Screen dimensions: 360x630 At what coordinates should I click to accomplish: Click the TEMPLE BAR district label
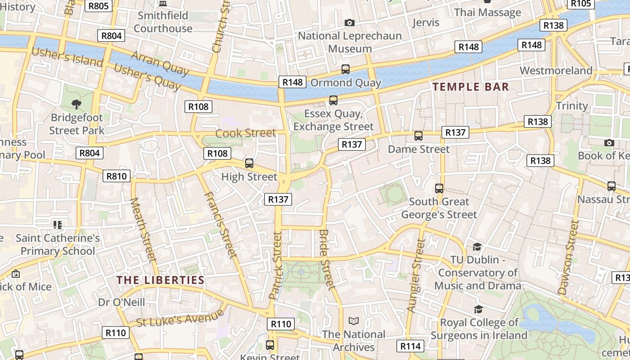point(470,87)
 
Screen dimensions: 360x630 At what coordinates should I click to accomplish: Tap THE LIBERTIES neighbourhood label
point(161,280)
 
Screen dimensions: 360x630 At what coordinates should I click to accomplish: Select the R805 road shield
point(99,5)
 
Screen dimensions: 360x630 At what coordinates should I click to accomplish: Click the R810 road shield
point(117,176)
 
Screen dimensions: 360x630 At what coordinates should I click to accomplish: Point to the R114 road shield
point(410,346)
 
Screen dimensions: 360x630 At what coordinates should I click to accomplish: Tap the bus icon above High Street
point(249,163)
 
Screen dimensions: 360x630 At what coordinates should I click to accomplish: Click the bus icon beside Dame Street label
point(418,135)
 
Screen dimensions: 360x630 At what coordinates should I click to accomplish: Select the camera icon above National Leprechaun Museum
point(349,22)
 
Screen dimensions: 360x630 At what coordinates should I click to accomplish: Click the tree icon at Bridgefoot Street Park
point(76,104)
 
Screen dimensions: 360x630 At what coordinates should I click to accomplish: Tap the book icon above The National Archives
point(354,321)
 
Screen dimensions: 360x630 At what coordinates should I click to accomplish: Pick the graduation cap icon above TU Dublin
point(477,247)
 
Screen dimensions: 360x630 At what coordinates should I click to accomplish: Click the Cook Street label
point(245,133)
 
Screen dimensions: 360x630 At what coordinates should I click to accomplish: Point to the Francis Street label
point(220,225)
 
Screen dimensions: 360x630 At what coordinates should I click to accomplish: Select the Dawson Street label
point(568,257)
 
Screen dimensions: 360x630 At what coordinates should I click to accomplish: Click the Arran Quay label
point(160,63)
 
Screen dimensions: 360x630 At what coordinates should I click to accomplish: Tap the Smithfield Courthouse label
point(163,22)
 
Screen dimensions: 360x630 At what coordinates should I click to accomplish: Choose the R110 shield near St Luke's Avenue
point(116,333)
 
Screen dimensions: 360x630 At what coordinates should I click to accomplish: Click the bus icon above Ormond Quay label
point(345,69)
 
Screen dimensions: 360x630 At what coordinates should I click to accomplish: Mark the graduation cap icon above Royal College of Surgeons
point(478,309)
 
